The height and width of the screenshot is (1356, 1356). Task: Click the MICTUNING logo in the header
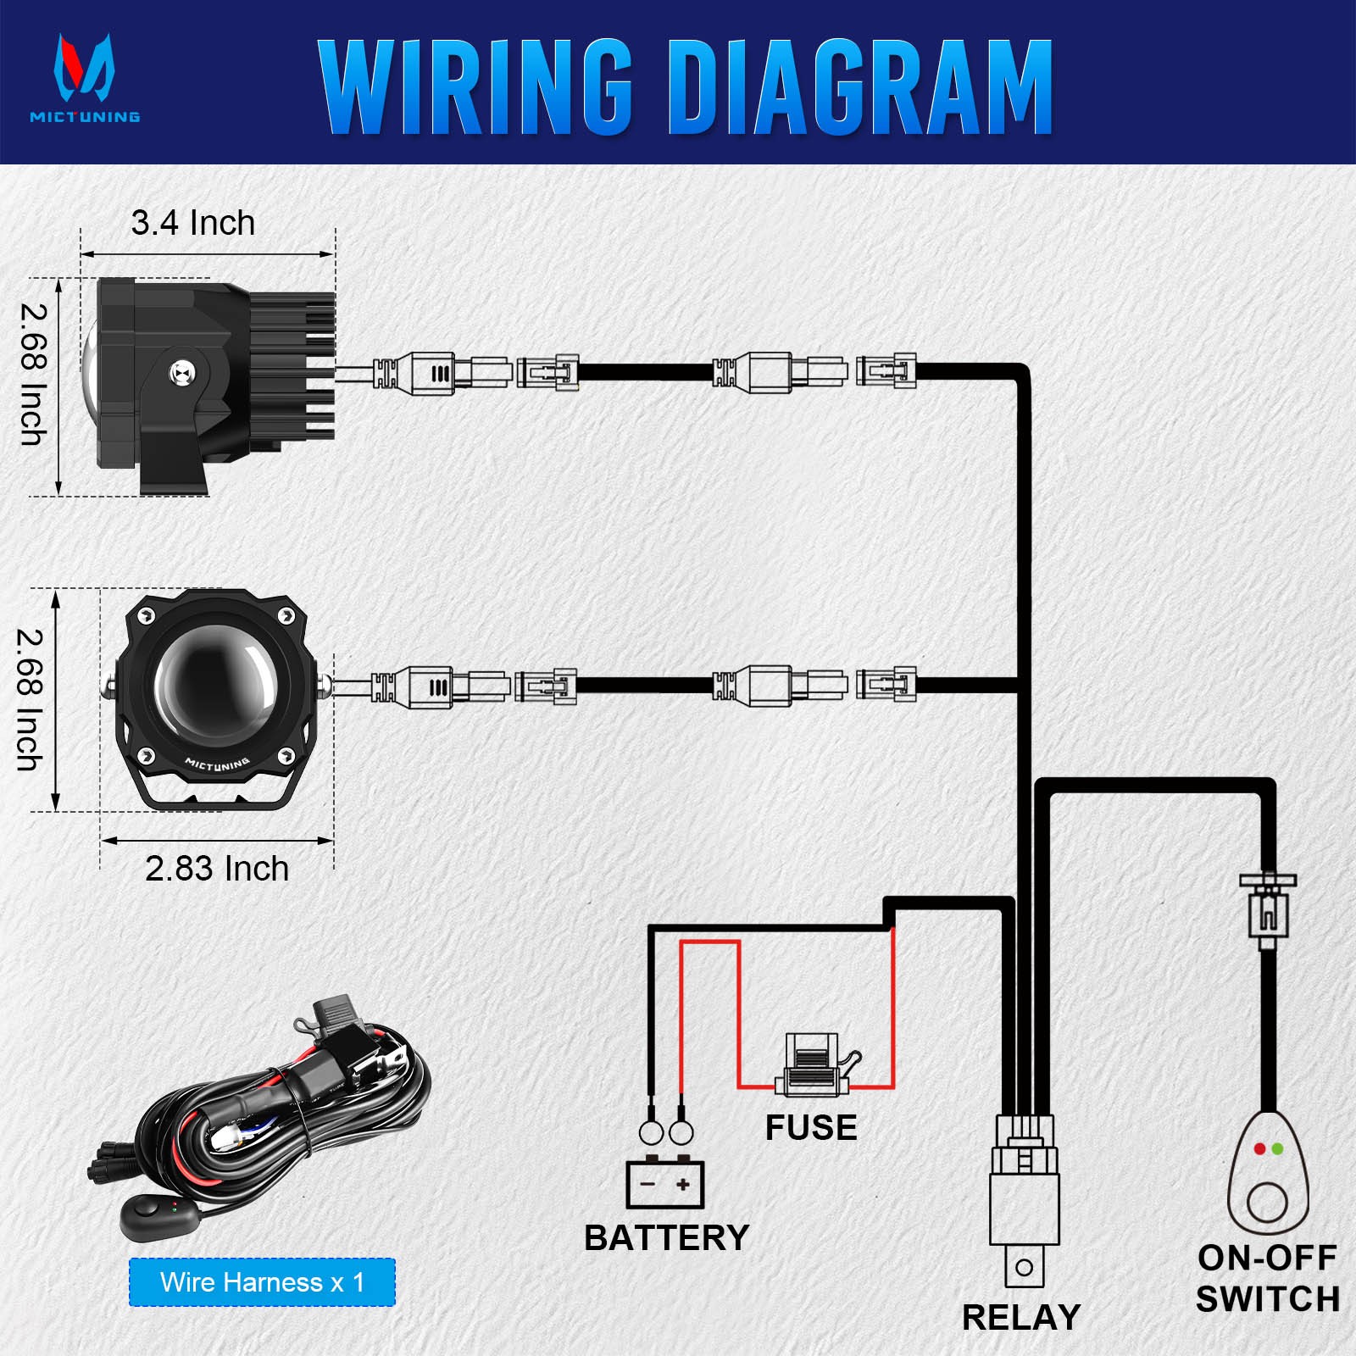click(x=85, y=78)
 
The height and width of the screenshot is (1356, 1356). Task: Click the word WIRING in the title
click(x=475, y=86)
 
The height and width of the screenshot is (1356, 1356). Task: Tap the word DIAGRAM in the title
click(x=861, y=86)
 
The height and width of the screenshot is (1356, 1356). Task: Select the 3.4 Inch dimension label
click(x=193, y=223)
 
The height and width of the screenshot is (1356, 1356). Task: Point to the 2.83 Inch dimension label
click(x=217, y=869)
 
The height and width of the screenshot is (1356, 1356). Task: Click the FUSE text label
click(x=811, y=1128)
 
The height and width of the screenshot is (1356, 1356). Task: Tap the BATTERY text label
click(x=667, y=1238)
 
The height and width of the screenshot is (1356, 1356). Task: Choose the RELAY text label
click(x=1021, y=1318)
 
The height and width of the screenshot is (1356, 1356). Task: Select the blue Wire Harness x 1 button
click(x=262, y=1282)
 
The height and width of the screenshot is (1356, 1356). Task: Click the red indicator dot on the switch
click(x=1259, y=1149)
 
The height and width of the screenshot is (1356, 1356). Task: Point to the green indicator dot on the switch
click(x=1277, y=1149)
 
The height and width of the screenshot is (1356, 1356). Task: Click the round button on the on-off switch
click(x=1267, y=1203)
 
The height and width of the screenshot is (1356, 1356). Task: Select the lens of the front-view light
click(x=215, y=683)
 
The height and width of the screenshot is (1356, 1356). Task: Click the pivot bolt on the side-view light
click(x=181, y=371)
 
